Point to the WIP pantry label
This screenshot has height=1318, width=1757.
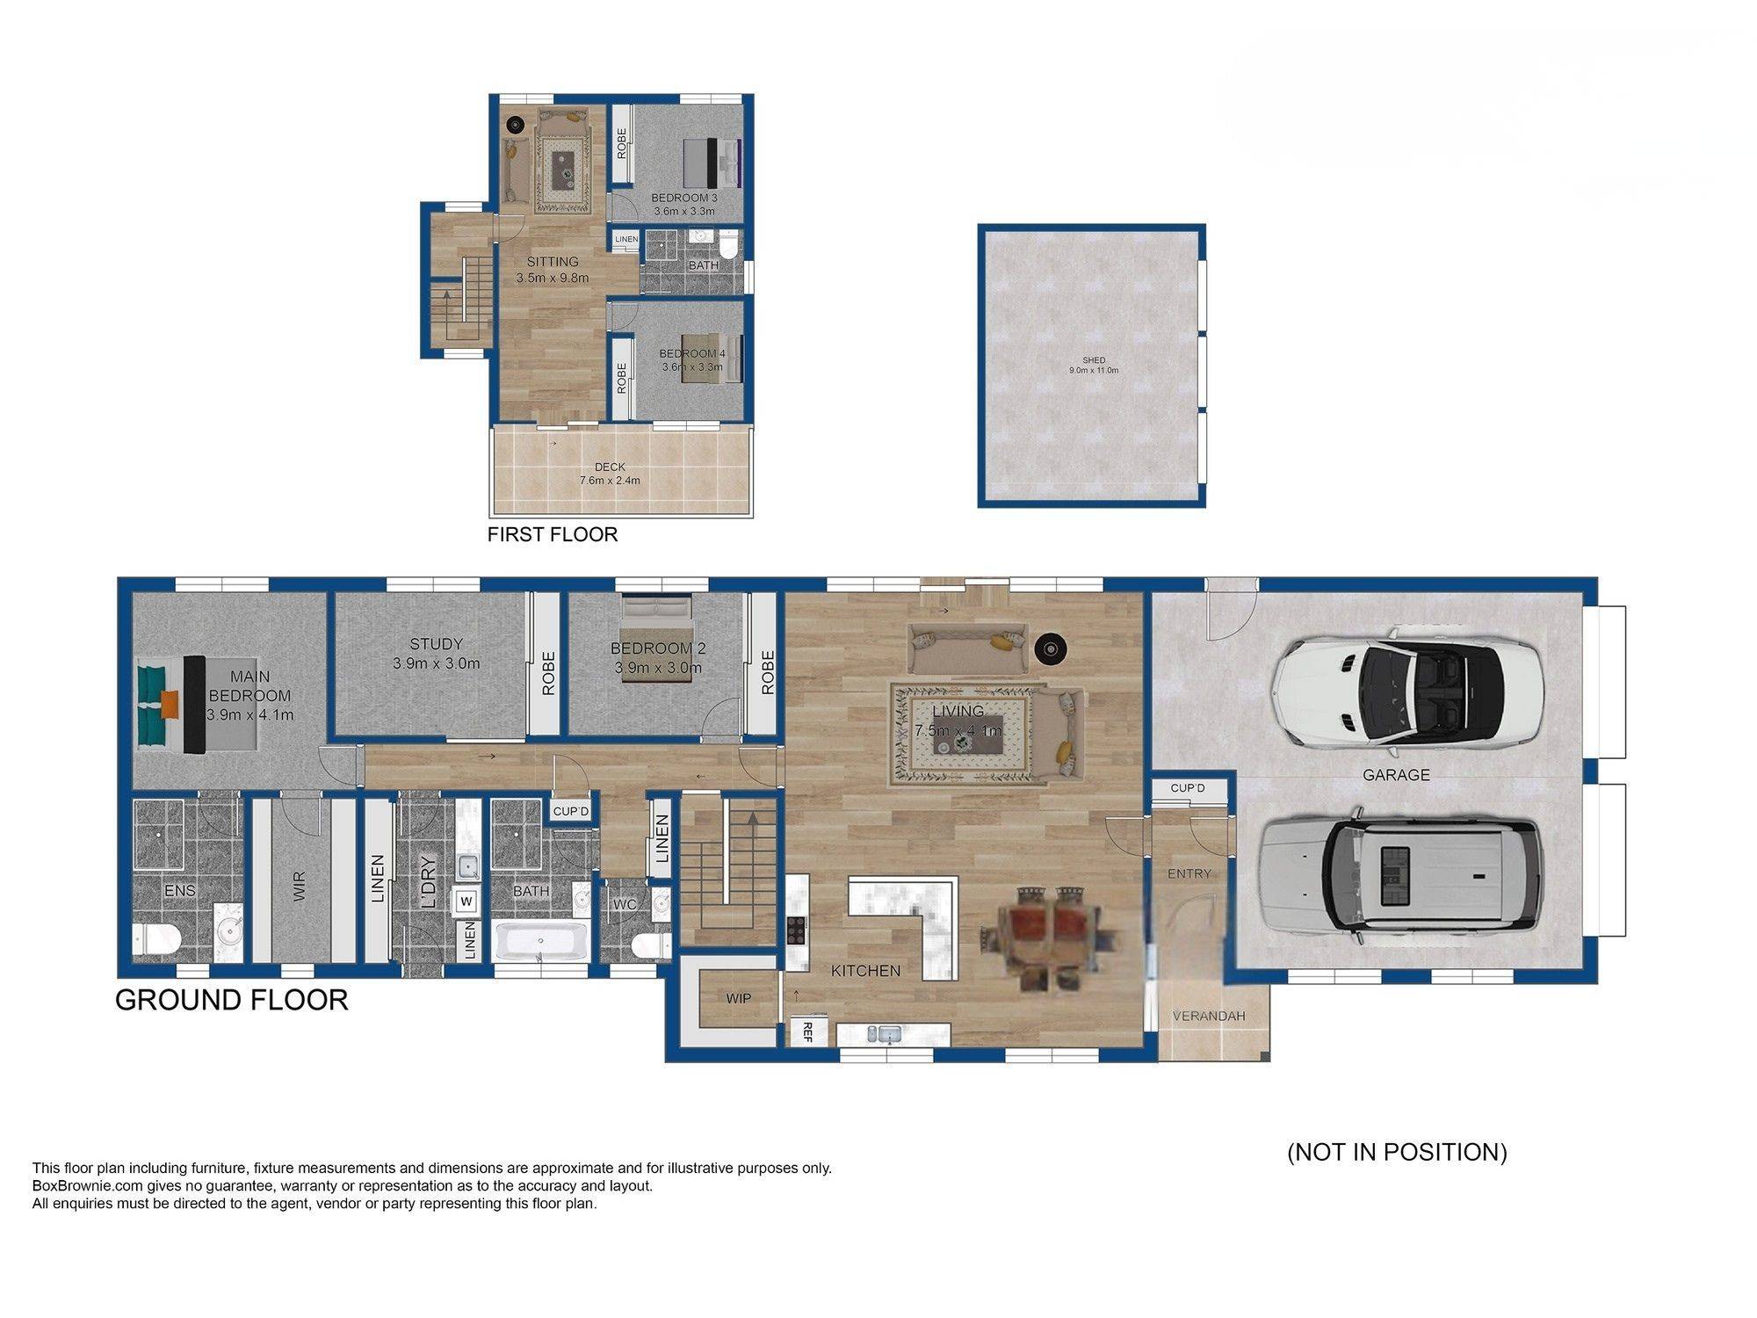(x=738, y=998)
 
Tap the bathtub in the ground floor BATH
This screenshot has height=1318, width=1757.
(x=540, y=942)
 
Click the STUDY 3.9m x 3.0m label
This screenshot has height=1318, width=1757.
(x=437, y=654)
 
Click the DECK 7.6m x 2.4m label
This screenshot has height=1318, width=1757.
(x=610, y=474)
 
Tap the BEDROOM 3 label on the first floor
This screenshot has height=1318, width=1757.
(x=683, y=204)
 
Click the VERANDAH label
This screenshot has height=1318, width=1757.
(x=1209, y=1016)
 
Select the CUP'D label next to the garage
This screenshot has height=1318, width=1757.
(x=1188, y=788)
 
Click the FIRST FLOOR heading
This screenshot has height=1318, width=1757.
(x=553, y=534)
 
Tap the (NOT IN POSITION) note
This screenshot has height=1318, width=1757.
(x=1397, y=1152)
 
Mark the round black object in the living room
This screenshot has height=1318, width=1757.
(x=1049, y=649)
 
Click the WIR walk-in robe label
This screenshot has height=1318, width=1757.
(x=299, y=886)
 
